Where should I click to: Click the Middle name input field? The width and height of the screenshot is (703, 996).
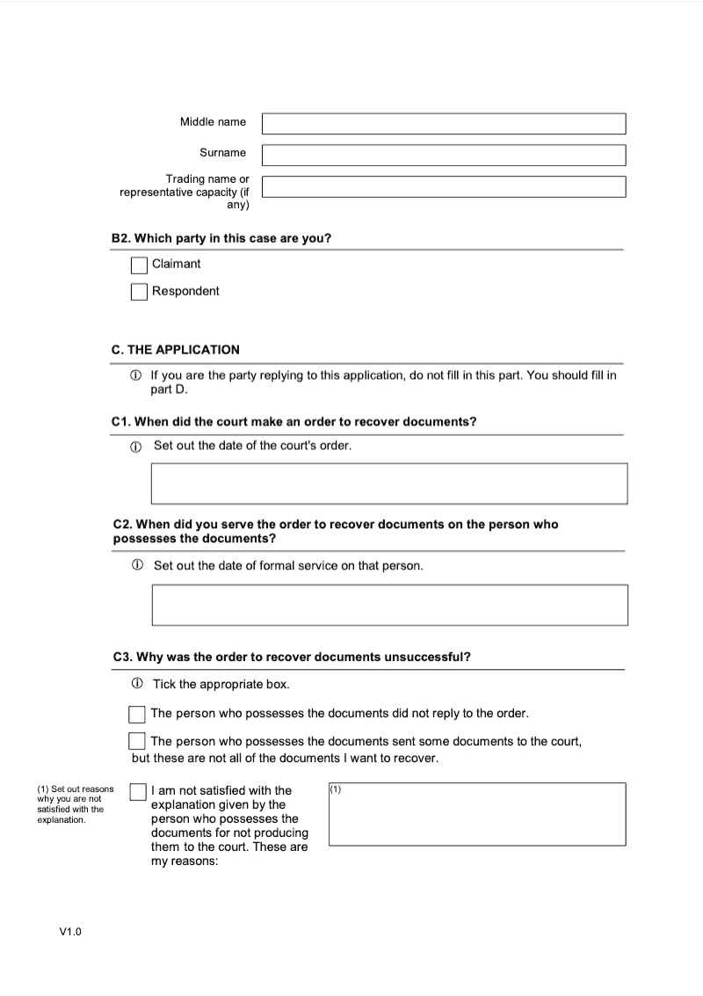point(444,123)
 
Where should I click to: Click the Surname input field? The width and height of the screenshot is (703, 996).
point(444,155)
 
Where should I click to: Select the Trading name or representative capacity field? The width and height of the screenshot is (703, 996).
point(444,186)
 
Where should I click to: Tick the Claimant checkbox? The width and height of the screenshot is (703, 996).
point(139,265)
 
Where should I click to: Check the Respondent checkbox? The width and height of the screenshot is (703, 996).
point(139,292)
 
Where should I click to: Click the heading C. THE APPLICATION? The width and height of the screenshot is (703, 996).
point(176,350)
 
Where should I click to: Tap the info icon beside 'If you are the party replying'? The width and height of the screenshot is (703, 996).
point(136,375)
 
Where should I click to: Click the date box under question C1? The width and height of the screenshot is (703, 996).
point(389,483)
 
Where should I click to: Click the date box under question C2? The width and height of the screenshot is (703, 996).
point(389,605)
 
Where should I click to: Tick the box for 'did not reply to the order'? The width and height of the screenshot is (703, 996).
point(137,714)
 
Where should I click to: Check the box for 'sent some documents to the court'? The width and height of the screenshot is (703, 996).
point(137,741)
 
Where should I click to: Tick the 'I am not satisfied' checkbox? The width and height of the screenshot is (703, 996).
point(137,792)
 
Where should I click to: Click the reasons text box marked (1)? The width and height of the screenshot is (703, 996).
point(477,815)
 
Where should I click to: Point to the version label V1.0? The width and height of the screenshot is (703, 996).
point(70,932)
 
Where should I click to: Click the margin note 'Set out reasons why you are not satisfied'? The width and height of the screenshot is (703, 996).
point(74,804)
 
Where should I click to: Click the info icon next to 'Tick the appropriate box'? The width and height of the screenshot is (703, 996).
point(137,684)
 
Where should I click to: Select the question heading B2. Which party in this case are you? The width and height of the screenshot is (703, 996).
point(221,238)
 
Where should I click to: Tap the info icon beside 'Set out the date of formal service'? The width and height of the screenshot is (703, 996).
point(137,565)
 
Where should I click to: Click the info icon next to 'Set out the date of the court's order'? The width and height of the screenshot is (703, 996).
point(136,446)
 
